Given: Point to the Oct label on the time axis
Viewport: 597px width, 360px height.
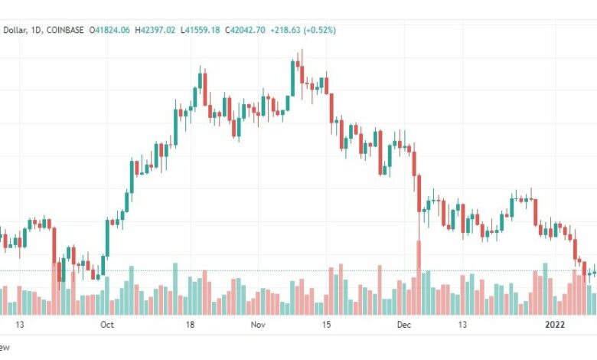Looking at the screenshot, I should tap(106, 325).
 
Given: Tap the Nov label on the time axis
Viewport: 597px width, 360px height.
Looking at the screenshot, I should tap(258, 325).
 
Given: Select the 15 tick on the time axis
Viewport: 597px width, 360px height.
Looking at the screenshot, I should tap(326, 325).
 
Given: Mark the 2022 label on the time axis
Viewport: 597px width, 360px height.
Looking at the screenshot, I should tap(554, 325).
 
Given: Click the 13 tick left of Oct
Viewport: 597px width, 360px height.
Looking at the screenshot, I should tap(20, 325).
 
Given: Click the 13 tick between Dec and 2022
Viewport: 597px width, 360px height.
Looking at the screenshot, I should tap(462, 325).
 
